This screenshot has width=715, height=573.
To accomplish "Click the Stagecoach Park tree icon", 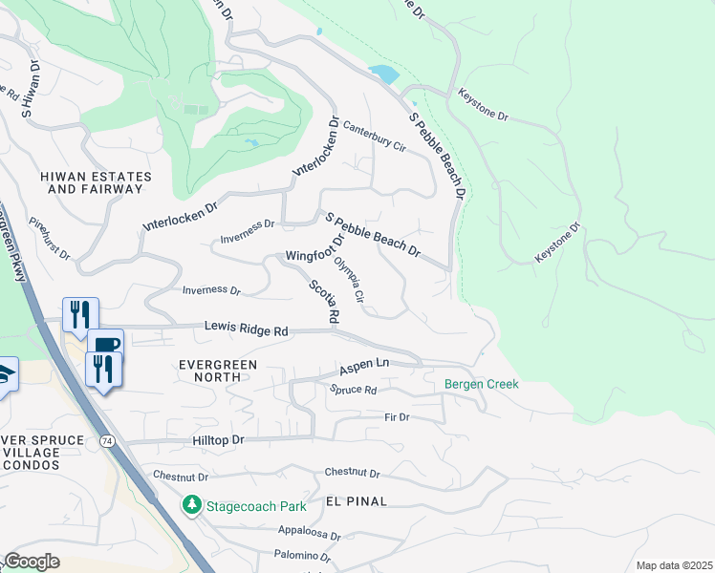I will click(192, 503).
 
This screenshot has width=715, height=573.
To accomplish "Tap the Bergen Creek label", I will click(481, 384).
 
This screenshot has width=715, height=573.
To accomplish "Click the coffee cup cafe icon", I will click(105, 344).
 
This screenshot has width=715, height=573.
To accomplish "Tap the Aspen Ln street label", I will click(365, 366).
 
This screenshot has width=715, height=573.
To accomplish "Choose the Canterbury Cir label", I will click(375, 136).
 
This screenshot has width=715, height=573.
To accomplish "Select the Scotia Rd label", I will click(324, 301).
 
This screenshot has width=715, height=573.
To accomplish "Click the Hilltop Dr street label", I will click(219, 439).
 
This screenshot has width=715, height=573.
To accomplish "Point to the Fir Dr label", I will click(397, 417).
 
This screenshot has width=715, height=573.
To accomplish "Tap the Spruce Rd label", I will click(354, 390).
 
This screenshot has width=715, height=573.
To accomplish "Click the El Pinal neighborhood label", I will click(357, 500).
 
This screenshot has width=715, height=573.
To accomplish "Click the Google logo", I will click(32, 562).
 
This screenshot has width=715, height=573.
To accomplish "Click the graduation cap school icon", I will click(5, 373).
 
